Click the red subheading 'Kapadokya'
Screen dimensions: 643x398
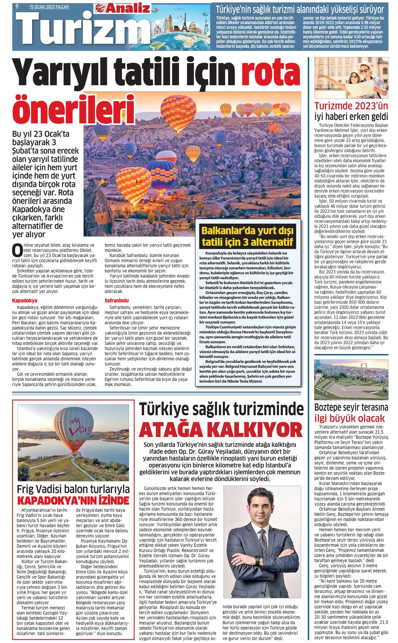click(25, 301)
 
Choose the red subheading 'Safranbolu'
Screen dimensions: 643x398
click(117, 301)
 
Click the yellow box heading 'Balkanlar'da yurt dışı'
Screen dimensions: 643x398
click(247, 230)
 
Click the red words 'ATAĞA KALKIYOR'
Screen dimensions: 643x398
click(221, 429)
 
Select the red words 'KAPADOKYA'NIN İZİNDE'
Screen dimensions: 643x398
click(73, 501)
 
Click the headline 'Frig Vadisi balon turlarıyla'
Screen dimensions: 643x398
click(73, 489)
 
